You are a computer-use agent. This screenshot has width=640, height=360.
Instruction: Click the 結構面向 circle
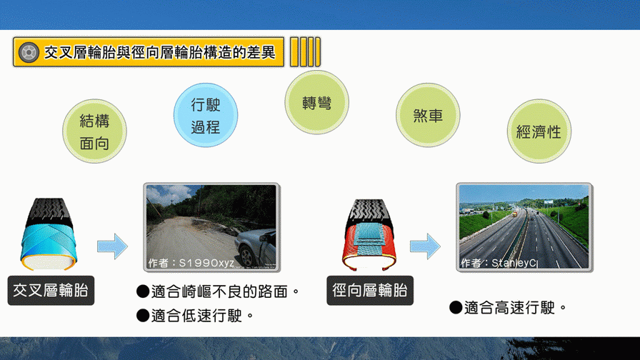[94, 131]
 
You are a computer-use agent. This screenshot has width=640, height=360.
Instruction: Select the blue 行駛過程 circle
[206, 116]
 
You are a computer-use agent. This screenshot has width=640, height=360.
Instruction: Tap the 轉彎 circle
[316, 102]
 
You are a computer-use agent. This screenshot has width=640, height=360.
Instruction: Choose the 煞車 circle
[428, 116]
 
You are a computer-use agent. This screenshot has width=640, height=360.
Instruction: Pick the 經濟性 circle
[539, 131]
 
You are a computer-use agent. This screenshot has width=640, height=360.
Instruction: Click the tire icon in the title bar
[29, 52]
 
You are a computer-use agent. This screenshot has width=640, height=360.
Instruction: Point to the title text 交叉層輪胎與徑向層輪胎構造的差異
[159, 52]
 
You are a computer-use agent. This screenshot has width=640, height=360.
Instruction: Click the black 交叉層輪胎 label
[51, 291]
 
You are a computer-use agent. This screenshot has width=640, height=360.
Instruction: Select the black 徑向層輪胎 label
[370, 291]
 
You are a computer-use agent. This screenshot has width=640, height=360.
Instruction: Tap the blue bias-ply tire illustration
[49, 234]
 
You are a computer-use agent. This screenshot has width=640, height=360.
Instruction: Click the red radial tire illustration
[369, 235]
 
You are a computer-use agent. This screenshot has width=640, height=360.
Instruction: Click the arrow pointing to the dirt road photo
[112, 246]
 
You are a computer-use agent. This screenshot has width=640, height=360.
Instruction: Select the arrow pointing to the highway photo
[425, 246]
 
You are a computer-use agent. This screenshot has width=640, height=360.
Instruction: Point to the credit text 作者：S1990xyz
[191, 263]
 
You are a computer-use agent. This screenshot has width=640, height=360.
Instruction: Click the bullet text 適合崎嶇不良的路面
[218, 291]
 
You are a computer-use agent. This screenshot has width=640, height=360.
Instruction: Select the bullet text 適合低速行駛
[195, 316]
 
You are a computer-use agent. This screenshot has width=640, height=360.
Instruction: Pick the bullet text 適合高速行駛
[508, 307]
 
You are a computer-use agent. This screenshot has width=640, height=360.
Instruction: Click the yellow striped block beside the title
[305, 52]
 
